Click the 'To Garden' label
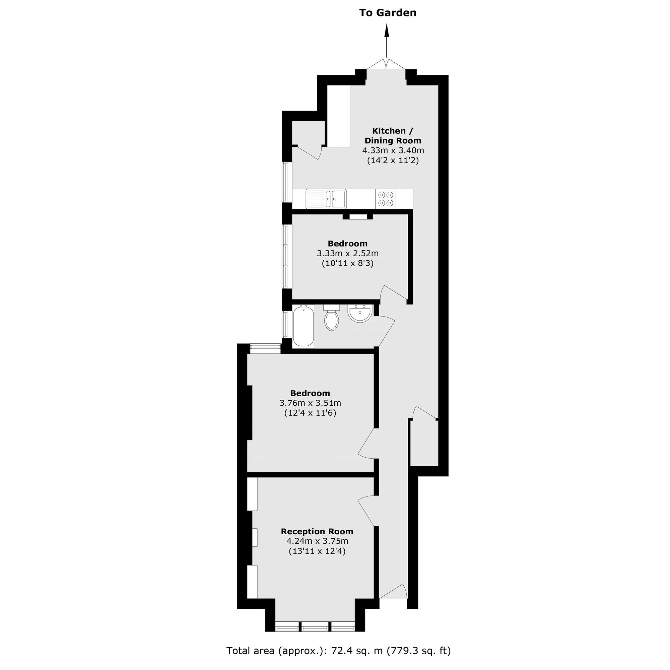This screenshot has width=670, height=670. click(x=387, y=13)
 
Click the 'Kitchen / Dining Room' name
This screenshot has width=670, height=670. click(x=393, y=136)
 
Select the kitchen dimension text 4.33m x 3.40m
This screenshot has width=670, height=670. click(x=393, y=150)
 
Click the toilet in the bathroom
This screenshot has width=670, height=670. click(x=331, y=319)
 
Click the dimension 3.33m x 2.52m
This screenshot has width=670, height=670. click(x=347, y=254)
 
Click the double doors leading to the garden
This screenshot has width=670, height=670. click(x=387, y=64)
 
